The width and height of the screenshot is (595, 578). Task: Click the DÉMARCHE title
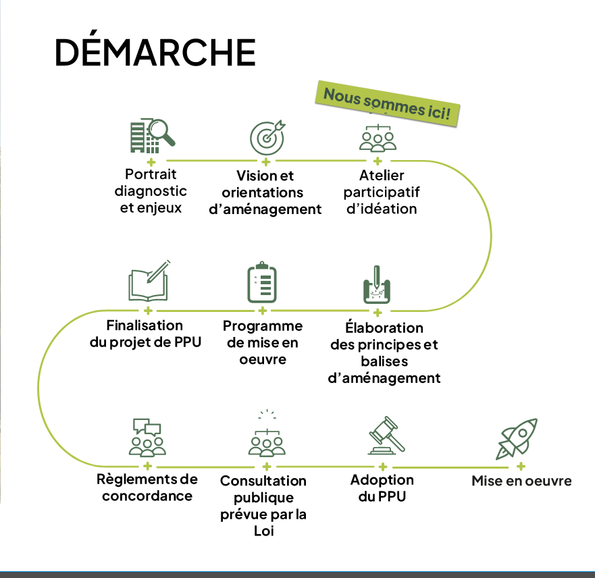pyautogui.click(x=155, y=52)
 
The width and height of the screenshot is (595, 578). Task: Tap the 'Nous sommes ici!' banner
pyautogui.click(x=387, y=103)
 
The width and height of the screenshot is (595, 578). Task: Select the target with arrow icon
pyautogui.click(x=267, y=137)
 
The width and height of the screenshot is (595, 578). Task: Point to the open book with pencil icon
pyautogui.click(x=148, y=282)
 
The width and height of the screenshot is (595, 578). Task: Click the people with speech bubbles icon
pyautogui.click(x=147, y=438)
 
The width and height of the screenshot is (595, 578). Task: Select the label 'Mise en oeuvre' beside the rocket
pyautogui.click(x=521, y=481)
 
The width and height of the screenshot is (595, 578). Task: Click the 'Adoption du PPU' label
pyautogui.click(x=382, y=488)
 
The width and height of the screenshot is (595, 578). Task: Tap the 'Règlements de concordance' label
pyautogui.click(x=148, y=488)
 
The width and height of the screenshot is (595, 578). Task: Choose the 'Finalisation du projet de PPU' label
pyautogui.click(x=145, y=334)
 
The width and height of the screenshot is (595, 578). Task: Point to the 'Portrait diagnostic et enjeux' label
pyautogui.click(x=151, y=191)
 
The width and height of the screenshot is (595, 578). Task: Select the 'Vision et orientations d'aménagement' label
pyautogui.click(x=265, y=192)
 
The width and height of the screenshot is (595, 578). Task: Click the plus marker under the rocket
pyautogui.click(x=521, y=466)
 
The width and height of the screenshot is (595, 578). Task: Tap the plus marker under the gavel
pyautogui.click(x=382, y=467)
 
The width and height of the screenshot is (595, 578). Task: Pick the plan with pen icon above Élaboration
pyautogui.click(x=377, y=285)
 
